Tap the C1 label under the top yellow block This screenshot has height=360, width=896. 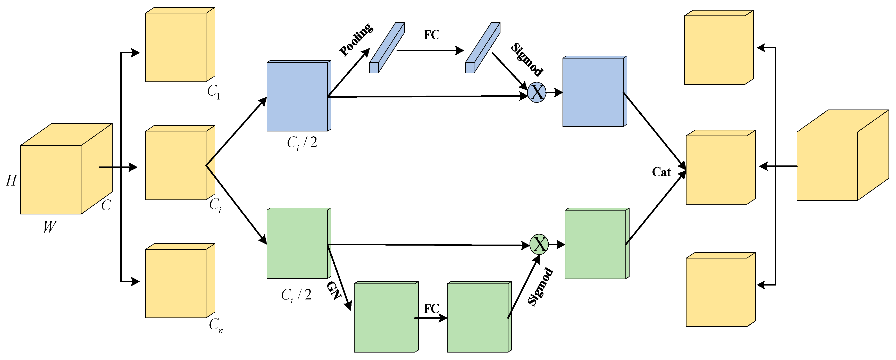pos(213,92)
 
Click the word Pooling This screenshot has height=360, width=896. pos(356,40)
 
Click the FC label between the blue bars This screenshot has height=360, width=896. pos(431,35)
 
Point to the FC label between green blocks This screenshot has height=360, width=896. pos(431,308)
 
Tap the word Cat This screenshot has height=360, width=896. pos(661,172)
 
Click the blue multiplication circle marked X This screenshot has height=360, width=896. pos(537,93)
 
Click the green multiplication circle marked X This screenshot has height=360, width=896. pos(539,244)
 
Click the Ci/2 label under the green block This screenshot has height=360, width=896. pos(296,295)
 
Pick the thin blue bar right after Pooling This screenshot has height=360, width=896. pos(387,48)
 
